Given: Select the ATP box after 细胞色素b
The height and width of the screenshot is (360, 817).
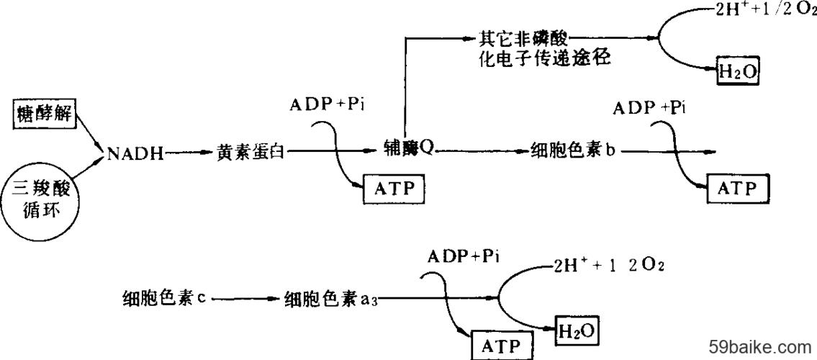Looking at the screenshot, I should (738, 189).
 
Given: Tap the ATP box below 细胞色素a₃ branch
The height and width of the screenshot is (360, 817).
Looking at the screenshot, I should (503, 346).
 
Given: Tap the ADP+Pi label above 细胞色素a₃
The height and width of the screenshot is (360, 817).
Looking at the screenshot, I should (464, 256).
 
